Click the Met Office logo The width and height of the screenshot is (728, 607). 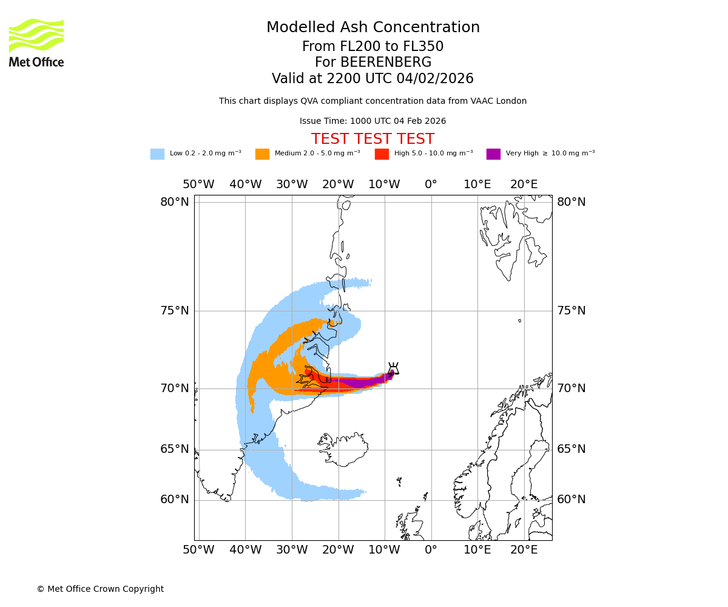36,42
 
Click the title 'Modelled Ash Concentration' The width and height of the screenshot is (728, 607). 372,28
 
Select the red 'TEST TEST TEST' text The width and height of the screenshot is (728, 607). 372,140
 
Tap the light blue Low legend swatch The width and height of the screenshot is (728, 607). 157,154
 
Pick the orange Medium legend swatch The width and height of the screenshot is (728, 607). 262,154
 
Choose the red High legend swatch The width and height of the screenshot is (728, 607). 382,154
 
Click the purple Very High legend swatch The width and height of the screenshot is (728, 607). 493,154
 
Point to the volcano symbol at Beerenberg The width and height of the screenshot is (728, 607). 393,369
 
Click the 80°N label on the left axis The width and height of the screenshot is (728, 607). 174,202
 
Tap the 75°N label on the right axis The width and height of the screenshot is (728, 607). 571,311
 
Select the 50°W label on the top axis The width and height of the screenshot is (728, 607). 198,185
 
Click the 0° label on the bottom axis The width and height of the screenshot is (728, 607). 431,550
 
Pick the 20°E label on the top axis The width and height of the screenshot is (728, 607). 524,185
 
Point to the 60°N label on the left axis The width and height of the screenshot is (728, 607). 174,500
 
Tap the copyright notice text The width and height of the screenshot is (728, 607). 100,589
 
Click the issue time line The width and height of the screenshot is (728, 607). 372,121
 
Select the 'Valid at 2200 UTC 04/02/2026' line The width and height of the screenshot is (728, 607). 372,79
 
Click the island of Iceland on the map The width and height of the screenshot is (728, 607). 343,449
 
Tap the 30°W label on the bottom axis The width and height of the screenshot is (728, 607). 292,550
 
